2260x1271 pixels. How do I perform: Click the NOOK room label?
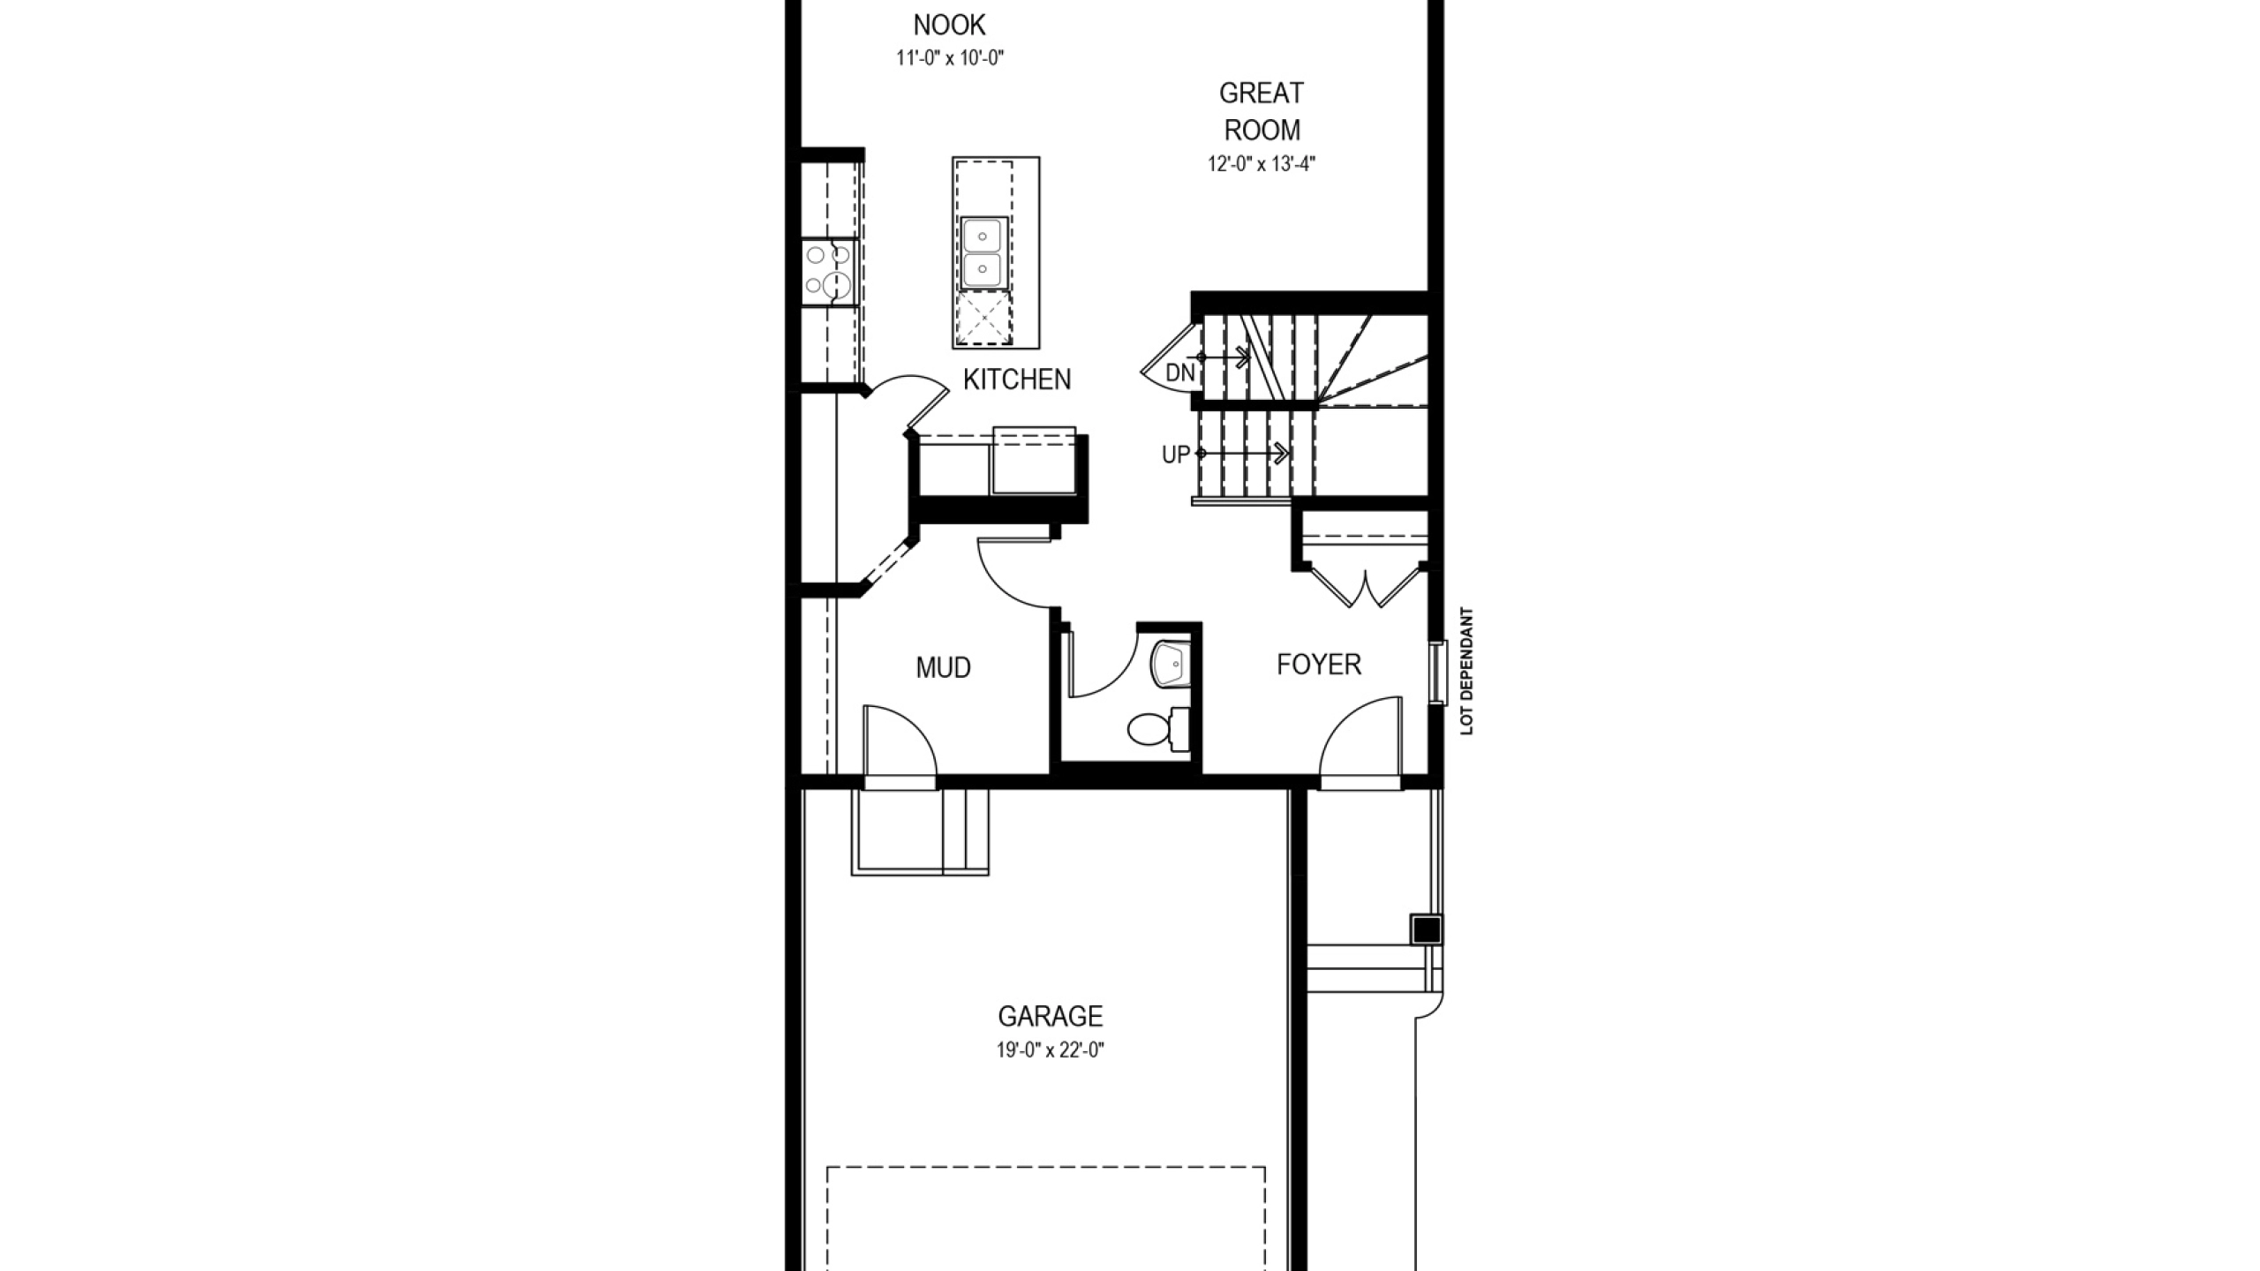click(x=949, y=24)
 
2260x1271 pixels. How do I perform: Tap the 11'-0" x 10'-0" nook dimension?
click(x=950, y=58)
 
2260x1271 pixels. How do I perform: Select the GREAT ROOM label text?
click(x=1262, y=111)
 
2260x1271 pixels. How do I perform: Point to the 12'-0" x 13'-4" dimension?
click(x=1262, y=164)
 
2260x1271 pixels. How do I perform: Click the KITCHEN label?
click(x=1017, y=380)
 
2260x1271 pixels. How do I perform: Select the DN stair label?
click(x=1180, y=372)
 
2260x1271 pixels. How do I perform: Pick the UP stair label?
click(x=1175, y=455)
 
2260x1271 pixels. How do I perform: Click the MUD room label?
click(x=943, y=667)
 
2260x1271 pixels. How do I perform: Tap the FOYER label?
click(x=1319, y=664)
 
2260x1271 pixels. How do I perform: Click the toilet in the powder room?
click(x=1158, y=728)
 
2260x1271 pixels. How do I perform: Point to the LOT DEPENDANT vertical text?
click(x=1466, y=671)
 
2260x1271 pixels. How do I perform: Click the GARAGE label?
click(x=1051, y=1016)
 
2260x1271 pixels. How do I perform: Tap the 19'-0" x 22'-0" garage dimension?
click(x=1051, y=1050)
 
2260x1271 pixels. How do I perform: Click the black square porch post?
click(x=1426, y=929)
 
